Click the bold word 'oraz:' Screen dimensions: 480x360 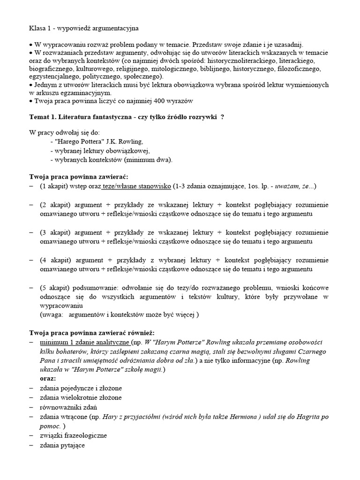pos(48,378)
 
